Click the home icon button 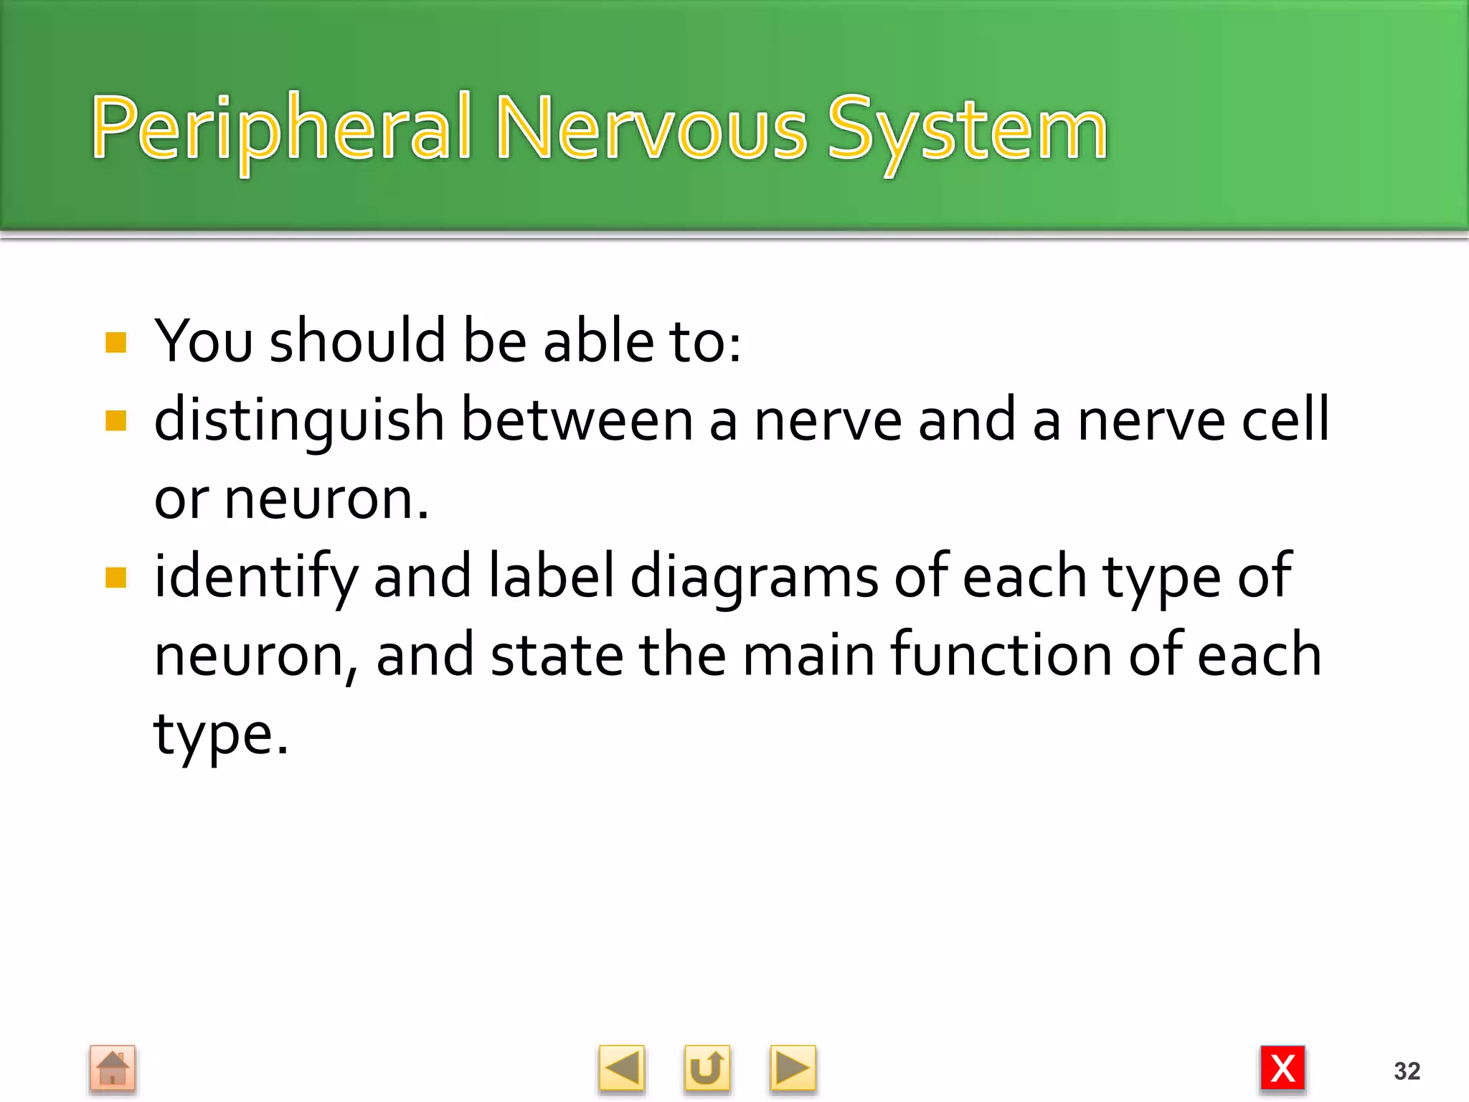click(x=113, y=1069)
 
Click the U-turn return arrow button click(x=707, y=1069)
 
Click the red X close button click(x=1283, y=1069)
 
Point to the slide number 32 click(x=1407, y=1071)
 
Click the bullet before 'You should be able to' click(x=115, y=342)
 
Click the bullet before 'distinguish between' click(x=115, y=420)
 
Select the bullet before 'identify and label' click(x=115, y=578)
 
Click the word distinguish click(x=299, y=420)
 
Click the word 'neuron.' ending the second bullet click(x=326, y=499)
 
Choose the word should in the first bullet click(x=357, y=342)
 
